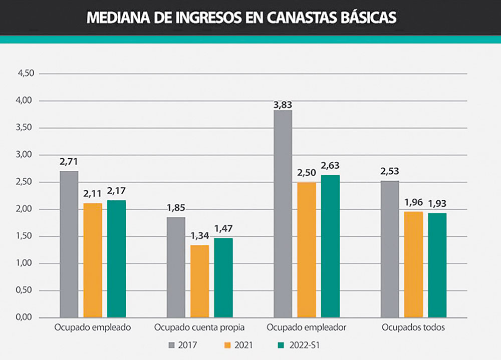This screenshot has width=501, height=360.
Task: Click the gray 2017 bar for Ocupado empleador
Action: click(x=283, y=214)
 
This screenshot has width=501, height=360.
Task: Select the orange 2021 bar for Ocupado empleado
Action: click(x=93, y=260)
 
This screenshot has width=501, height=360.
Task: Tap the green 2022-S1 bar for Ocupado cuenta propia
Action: click(x=223, y=277)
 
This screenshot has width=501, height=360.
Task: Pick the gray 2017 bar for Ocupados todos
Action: click(x=390, y=249)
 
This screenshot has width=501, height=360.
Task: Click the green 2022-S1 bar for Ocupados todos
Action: click(x=437, y=265)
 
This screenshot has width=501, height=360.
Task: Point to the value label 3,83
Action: click(x=283, y=105)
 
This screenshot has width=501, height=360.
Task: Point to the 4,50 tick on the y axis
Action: click(x=25, y=74)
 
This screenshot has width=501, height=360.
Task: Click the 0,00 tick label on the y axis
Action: click(x=25, y=317)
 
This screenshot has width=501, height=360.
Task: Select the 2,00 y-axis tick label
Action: click(x=25, y=209)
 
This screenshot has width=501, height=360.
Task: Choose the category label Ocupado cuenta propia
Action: click(x=199, y=328)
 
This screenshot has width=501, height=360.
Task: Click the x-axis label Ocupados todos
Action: click(x=413, y=328)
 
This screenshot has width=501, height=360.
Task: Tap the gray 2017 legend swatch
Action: click(x=171, y=345)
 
